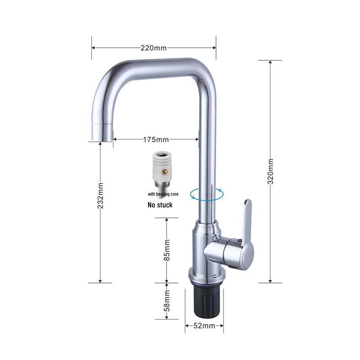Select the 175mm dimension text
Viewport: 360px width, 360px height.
(156, 139)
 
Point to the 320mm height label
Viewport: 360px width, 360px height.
(270, 171)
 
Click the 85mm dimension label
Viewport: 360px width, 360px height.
(167, 250)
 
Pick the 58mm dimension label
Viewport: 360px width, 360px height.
(167, 301)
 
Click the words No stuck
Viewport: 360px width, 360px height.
(160, 205)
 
